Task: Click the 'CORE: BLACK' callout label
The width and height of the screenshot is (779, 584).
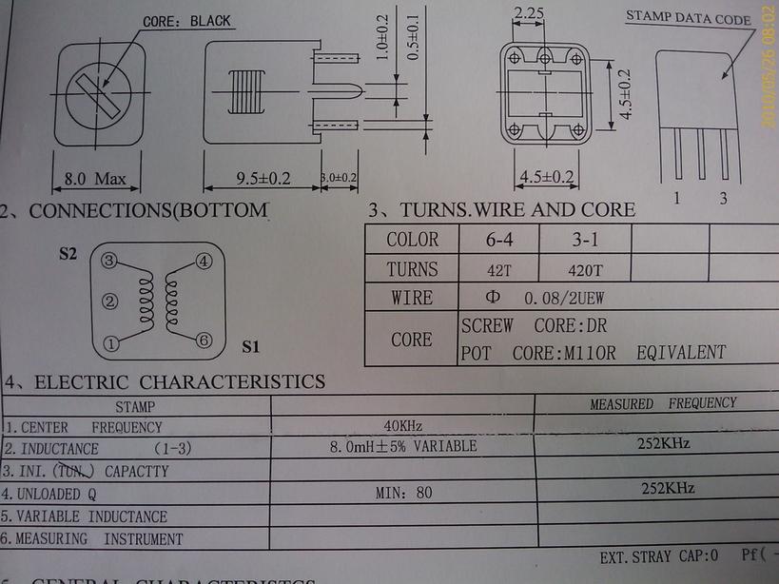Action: click(x=186, y=21)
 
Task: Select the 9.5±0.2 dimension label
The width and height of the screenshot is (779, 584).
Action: click(x=249, y=178)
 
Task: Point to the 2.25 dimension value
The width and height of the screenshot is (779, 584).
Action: click(x=528, y=14)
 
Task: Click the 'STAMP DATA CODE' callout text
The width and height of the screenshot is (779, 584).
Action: click(x=688, y=18)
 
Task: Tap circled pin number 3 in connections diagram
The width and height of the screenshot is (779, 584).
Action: click(x=110, y=261)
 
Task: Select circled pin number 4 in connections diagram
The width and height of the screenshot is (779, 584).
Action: click(x=203, y=261)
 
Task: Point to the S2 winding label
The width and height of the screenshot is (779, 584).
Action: click(x=68, y=254)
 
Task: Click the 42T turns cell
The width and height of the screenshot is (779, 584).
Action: click(x=498, y=269)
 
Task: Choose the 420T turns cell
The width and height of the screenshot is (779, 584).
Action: click(x=584, y=269)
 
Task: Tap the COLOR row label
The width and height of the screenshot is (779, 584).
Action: click(x=412, y=240)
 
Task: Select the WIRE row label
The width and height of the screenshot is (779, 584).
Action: click(x=412, y=298)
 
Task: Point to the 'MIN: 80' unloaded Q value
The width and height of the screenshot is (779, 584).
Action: click(x=403, y=493)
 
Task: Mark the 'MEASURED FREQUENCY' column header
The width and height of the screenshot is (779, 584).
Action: click(x=663, y=404)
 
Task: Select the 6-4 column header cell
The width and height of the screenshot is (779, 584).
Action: click(x=498, y=240)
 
